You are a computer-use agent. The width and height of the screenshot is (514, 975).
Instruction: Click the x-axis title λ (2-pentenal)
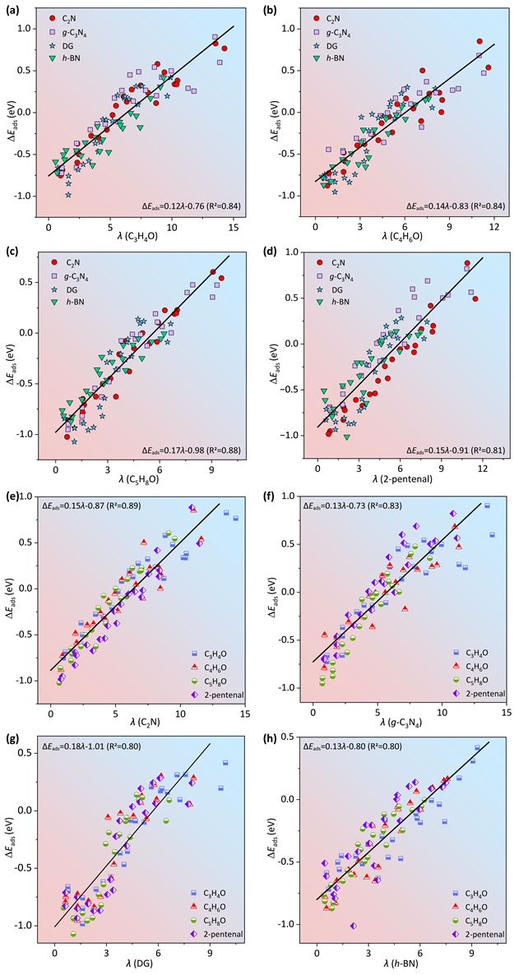pos(400,486)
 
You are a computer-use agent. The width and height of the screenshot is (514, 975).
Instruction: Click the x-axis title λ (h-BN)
pos(399,963)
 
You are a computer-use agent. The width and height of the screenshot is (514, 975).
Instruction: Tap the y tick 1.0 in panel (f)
pos(293,497)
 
